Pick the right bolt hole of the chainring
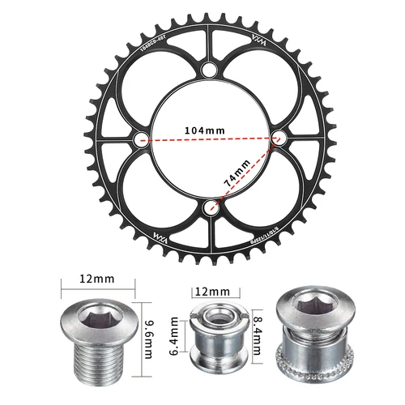tap(278, 139)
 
